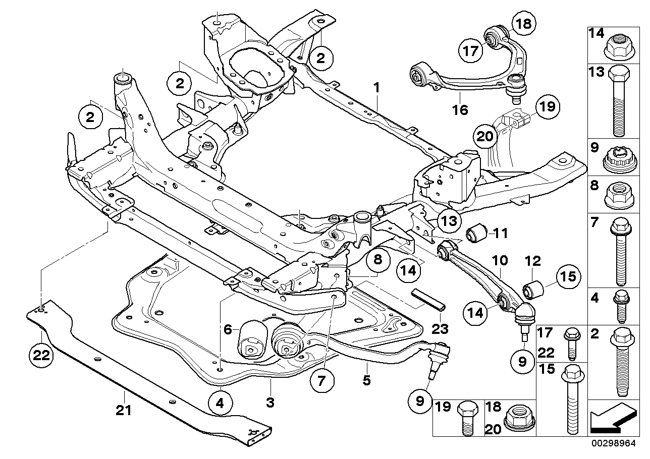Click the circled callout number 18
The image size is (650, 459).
[x=522, y=24]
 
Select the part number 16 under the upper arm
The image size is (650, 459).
[x=460, y=109]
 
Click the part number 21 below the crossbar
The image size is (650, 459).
[x=123, y=411]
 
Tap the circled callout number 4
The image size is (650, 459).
[x=220, y=404]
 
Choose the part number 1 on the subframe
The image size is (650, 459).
[x=376, y=88]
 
